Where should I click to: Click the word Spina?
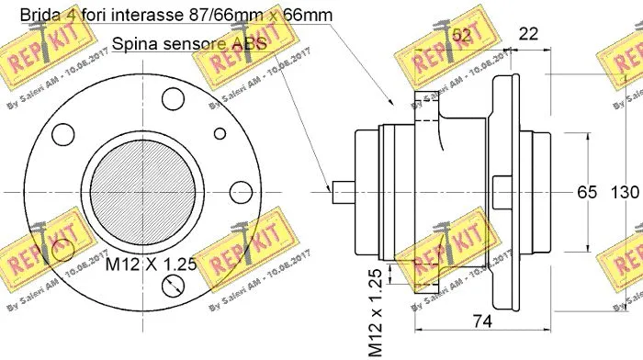coord(132,43)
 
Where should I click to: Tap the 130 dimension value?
coord(625,193)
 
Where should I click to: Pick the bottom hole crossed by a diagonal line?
coord(174,287)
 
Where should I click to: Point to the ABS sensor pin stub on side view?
coord(344,191)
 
